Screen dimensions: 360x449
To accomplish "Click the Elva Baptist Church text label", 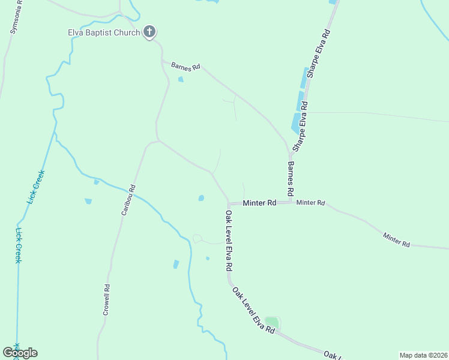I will [103, 32].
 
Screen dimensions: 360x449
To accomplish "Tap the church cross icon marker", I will [149, 32].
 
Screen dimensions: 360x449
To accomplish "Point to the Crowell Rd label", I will [107, 299].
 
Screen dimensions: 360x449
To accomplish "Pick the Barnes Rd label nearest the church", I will [185, 66].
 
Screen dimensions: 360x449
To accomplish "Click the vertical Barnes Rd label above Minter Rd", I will [291, 178].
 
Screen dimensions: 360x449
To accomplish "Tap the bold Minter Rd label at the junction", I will [259, 203].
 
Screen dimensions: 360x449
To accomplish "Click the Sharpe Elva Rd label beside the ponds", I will [300, 126].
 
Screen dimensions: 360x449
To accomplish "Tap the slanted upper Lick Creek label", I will [37, 187].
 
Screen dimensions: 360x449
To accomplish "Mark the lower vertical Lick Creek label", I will [19, 245].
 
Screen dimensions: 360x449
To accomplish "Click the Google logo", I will [20, 353].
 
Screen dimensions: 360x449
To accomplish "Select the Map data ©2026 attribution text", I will [424, 355].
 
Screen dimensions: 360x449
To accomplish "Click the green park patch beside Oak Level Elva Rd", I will [272, 322].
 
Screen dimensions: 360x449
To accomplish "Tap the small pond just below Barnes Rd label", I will [181, 79].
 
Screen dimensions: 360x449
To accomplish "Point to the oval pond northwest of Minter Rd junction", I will [201, 197].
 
